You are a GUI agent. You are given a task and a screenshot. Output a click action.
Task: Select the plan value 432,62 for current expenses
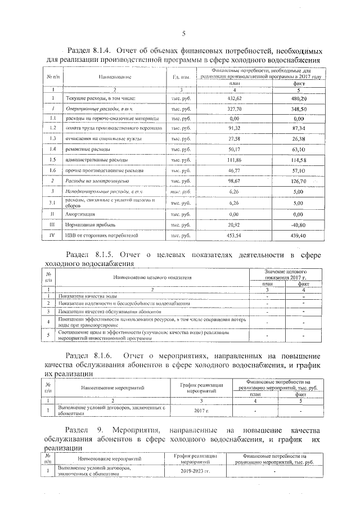click(235, 98)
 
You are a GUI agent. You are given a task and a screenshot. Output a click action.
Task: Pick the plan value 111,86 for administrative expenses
click(235, 160)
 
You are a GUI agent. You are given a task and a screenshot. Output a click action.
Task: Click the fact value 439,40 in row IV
click(298, 235)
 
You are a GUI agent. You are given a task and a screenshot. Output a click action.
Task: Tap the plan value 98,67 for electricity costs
click(235, 181)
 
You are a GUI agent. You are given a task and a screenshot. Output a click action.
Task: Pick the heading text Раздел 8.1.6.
click(89, 356)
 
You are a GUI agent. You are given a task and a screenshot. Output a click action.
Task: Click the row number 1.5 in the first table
click(52, 160)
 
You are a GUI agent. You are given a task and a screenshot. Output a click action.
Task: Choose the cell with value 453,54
click(235, 235)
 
